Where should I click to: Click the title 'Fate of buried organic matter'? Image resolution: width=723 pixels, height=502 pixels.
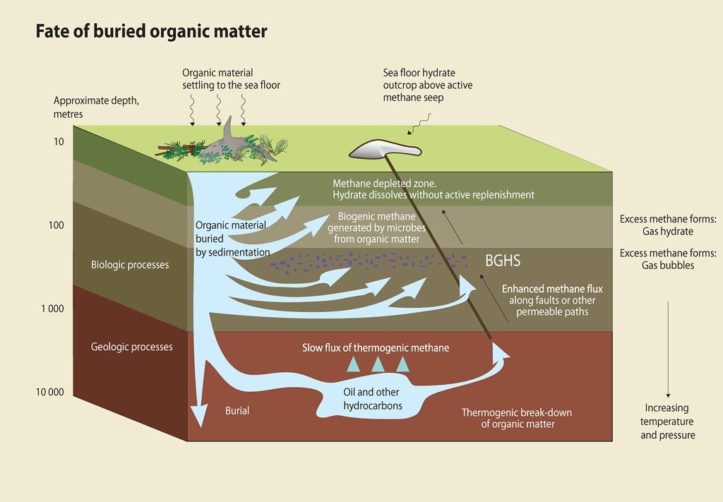[x=151, y=32]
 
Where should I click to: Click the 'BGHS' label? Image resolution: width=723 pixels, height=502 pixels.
[x=502, y=261]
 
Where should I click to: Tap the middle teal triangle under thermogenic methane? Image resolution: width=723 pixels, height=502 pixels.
[x=378, y=364]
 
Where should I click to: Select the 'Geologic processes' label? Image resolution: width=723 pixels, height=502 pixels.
[x=131, y=347]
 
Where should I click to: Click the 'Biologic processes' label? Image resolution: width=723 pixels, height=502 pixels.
[x=130, y=265]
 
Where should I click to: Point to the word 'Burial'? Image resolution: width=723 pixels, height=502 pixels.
[x=237, y=410]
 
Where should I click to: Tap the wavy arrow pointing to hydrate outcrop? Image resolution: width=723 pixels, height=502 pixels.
[x=421, y=126]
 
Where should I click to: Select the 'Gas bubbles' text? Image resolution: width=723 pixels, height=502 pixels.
[x=667, y=265]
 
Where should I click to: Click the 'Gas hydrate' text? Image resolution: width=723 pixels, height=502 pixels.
[x=667, y=232]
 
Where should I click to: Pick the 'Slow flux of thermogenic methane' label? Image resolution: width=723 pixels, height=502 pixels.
[x=375, y=348]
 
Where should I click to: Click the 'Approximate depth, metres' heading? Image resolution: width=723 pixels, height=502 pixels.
[x=96, y=107]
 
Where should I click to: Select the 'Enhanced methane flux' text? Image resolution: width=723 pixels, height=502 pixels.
[x=551, y=289]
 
